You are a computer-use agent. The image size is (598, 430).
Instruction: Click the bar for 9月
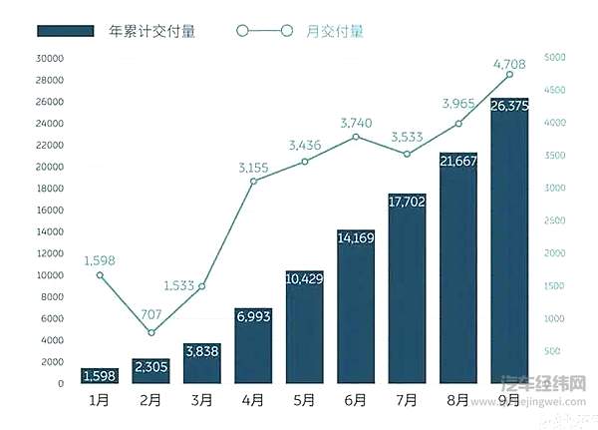point(509,249)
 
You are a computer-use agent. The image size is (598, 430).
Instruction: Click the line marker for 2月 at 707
point(151,332)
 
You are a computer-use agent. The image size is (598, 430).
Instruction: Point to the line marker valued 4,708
point(509,74)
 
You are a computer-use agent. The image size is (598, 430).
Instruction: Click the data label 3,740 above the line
point(357,122)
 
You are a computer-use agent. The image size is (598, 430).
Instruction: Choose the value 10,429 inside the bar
point(305,278)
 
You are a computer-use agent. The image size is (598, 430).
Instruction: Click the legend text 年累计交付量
point(151,31)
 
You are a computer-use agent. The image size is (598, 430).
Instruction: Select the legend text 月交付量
point(334,31)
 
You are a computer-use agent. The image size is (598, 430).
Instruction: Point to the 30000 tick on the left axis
point(49,58)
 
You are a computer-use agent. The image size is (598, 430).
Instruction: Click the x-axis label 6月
point(356,400)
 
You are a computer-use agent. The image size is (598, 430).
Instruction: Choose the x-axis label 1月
point(101,400)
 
